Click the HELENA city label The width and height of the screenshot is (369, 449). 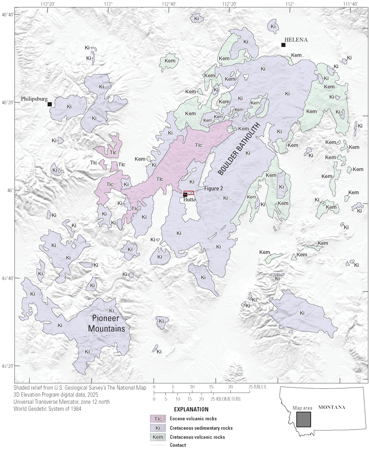coord(296,40)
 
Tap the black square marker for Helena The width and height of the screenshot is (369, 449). coord(283,45)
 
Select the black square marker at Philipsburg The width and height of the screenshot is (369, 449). coord(50,104)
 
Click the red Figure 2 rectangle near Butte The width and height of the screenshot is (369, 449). coord(189,193)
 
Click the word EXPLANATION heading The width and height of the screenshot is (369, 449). coord(191,409)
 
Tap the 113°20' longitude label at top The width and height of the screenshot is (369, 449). coord(47,4)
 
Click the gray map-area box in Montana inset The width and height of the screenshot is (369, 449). coord(303,419)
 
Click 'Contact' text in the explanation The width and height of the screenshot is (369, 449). coord(178,445)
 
